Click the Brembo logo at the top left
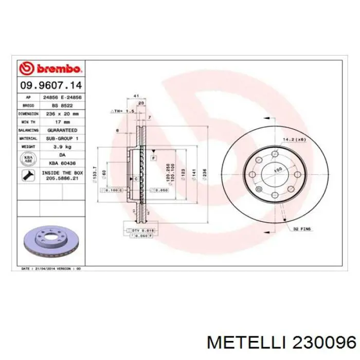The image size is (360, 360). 50,69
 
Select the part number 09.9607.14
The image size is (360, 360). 50,84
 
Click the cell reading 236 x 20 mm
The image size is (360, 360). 62,113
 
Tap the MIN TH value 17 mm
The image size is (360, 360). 62,122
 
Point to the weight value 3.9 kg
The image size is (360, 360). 62,147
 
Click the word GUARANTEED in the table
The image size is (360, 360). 62,131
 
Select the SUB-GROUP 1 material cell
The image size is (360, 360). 62,138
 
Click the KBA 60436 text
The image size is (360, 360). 62,163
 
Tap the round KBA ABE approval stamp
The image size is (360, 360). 28,158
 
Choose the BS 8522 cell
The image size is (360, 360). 62,105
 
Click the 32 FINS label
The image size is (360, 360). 302,228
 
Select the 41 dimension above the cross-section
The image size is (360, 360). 136,96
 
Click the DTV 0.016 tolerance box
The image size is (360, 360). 140,230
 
